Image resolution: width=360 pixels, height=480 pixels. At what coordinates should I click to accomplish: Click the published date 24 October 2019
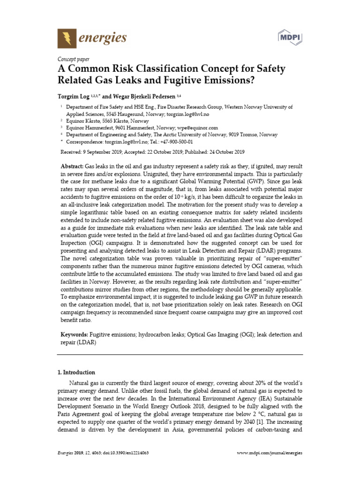pos(221,152)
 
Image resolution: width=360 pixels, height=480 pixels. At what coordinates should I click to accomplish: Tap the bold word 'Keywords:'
pos(74,336)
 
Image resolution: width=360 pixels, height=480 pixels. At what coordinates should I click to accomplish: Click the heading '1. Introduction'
pos(76,372)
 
